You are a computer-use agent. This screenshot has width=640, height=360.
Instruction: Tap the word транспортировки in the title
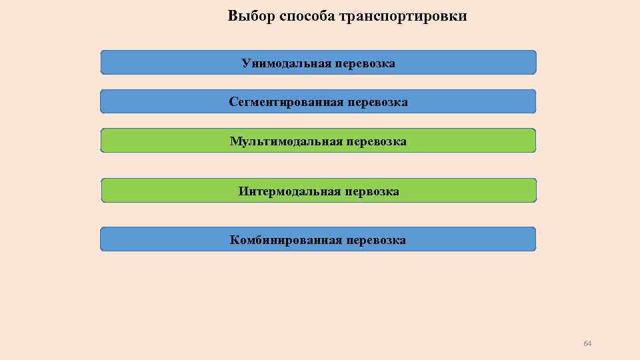[x=403, y=16]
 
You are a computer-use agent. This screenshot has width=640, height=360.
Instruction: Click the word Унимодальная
[x=287, y=63]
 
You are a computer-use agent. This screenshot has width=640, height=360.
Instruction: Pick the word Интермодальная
[x=289, y=192]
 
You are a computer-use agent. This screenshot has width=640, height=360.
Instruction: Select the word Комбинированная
[x=286, y=240]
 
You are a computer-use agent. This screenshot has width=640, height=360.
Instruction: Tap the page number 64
[x=587, y=343]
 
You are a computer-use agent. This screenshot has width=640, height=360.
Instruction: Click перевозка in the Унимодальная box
[x=365, y=63]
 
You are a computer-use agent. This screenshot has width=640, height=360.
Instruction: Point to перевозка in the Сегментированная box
[x=377, y=103]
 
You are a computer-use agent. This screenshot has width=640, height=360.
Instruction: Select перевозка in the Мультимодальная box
[x=376, y=141]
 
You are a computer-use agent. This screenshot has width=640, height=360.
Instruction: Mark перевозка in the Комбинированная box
[x=375, y=240]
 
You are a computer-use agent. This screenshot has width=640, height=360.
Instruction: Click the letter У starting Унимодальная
[x=245, y=63]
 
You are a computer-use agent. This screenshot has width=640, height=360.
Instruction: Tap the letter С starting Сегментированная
[x=233, y=103]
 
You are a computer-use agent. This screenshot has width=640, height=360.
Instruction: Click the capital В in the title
[x=232, y=15]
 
